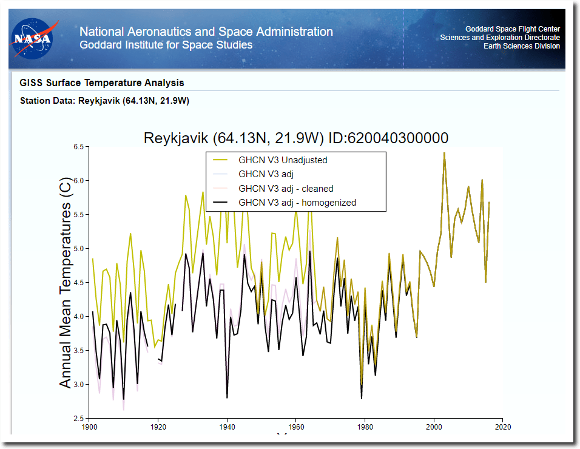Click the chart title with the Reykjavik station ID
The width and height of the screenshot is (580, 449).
point(296,138)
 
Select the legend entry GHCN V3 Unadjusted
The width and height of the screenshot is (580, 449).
point(283,160)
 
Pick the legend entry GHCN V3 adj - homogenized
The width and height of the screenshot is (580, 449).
point(297,203)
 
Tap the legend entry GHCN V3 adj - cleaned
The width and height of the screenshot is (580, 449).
point(286,189)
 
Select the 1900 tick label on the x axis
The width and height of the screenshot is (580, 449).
point(89,427)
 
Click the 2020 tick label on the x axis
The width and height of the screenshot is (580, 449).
point(502,427)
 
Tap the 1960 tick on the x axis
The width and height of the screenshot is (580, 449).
point(295,427)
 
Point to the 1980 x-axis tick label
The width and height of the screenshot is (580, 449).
point(365,427)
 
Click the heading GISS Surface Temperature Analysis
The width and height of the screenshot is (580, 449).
point(102,83)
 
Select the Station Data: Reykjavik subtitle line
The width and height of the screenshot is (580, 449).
point(104,101)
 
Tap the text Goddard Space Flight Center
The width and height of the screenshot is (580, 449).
point(513,29)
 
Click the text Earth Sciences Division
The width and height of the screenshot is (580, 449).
point(518,46)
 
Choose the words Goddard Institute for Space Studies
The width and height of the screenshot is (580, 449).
point(166,45)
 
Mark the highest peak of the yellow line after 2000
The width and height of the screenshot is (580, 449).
point(444,153)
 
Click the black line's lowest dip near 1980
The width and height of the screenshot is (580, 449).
point(362,398)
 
